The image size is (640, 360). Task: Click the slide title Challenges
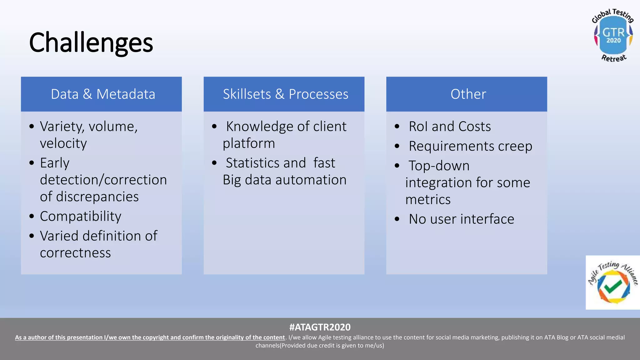tap(91, 43)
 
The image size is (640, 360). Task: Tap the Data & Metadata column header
tap(103, 94)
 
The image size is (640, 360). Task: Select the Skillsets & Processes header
tap(285, 94)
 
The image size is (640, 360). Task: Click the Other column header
tap(468, 94)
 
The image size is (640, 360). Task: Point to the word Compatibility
tap(81, 216)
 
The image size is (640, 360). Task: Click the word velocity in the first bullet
tap(63, 143)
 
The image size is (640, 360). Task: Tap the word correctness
tap(75, 253)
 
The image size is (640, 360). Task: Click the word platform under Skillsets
tap(249, 143)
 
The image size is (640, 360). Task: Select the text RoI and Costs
tap(449, 127)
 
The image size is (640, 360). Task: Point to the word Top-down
tap(439, 166)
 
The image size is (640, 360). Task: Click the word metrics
tap(428, 200)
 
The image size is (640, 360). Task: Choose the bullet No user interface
tap(461, 219)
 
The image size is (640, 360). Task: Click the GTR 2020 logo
tap(613, 35)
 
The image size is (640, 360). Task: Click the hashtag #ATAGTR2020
tap(320, 327)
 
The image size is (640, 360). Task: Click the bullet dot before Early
tap(32, 163)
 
